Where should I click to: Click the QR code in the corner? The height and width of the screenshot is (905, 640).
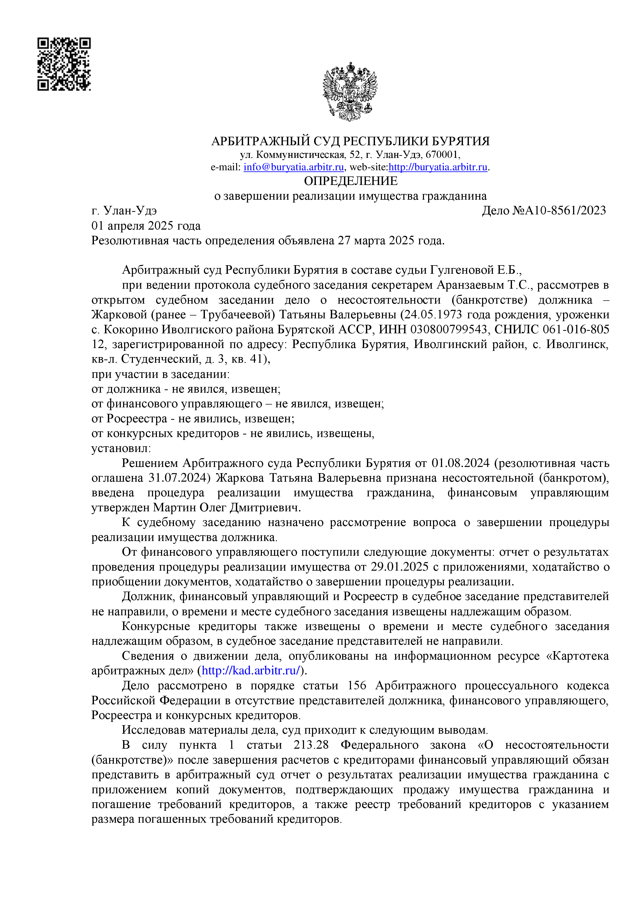click(64, 64)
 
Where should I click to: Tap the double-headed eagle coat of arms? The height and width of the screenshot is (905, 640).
click(349, 91)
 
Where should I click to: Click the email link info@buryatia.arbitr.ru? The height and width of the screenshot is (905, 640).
click(293, 167)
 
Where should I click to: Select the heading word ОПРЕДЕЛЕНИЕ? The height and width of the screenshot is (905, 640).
click(350, 181)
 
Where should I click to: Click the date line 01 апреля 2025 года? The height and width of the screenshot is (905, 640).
click(146, 226)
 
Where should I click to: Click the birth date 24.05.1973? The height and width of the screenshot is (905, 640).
click(433, 314)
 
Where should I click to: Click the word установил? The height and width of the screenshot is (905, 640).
click(121, 448)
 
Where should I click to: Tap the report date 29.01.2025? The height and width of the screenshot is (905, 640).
click(399, 567)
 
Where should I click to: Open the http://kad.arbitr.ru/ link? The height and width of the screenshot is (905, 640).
click(252, 670)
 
